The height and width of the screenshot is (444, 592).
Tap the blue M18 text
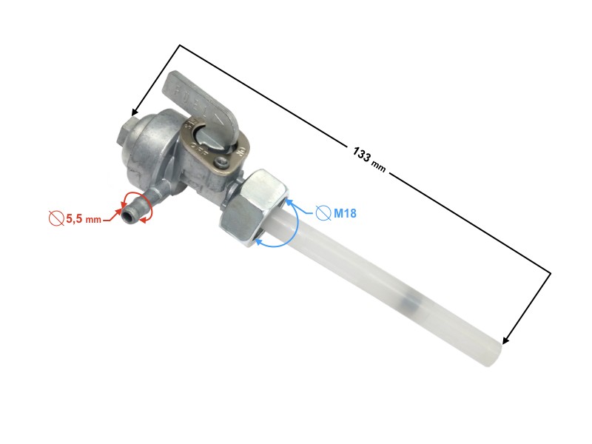point(345,214)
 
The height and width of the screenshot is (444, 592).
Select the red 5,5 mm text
point(83,219)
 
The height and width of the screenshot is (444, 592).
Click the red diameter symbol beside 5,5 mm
point(55,218)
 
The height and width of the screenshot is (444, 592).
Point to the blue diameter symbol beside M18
point(323,213)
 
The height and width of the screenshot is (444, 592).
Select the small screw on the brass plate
point(221,159)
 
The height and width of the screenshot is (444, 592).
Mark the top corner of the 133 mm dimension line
point(180,45)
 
